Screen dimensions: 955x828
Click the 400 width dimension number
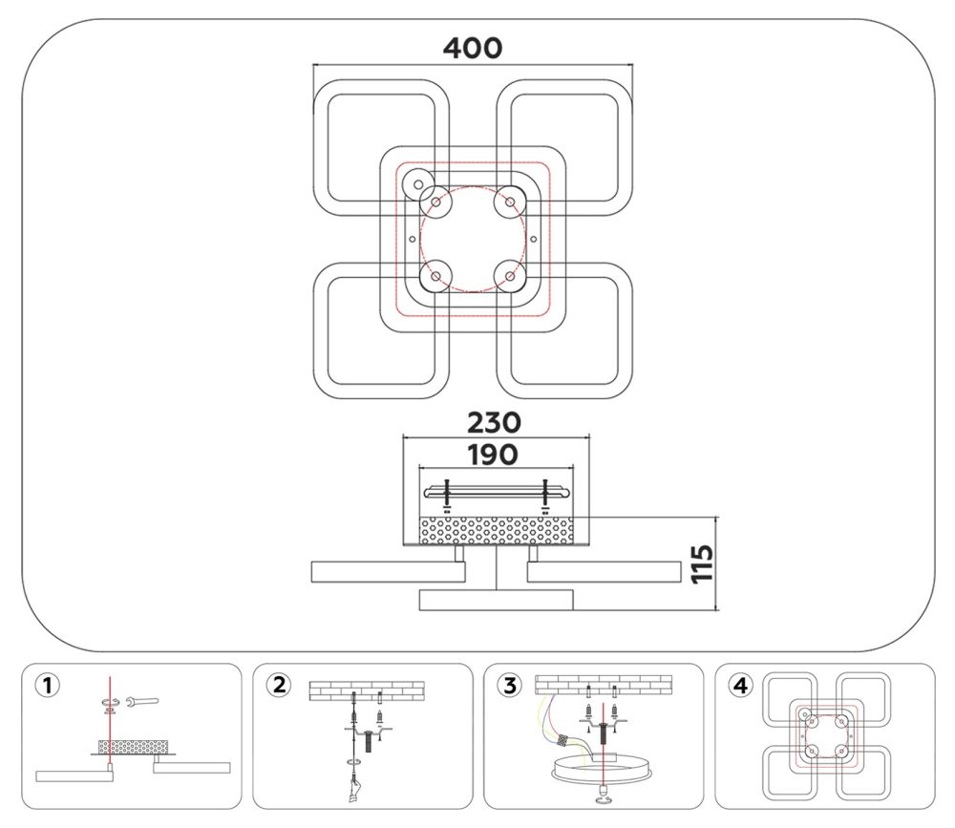(x=473, y=48)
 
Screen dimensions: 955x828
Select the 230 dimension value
(x=494, y=422)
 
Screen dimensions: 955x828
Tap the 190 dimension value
(x=493, y=455)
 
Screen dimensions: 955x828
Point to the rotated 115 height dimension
(x=702, y=563)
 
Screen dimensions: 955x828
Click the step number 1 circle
(x=48, y=686)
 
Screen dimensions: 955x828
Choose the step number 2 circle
(x=278, y=686)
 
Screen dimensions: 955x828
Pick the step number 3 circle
(x=509, y=686)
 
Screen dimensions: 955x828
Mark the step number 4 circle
(x=740, y=686)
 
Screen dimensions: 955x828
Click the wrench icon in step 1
(x=141, y=701)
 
